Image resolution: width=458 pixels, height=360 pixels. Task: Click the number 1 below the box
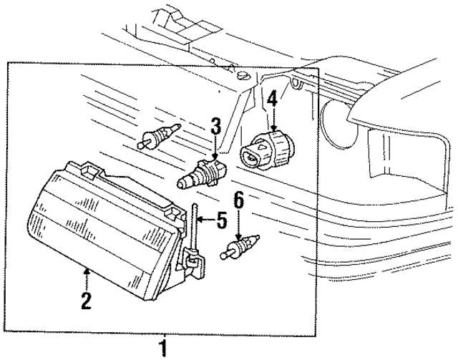(164, 349)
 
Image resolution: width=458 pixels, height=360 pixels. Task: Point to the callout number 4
(272, 97)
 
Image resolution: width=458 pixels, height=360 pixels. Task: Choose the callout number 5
(222, 218)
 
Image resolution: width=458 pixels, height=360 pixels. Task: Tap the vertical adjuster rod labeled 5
(193, 226)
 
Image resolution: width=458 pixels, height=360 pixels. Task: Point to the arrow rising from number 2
(87, 279)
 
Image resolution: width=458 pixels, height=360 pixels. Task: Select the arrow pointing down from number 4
(272, 119)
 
